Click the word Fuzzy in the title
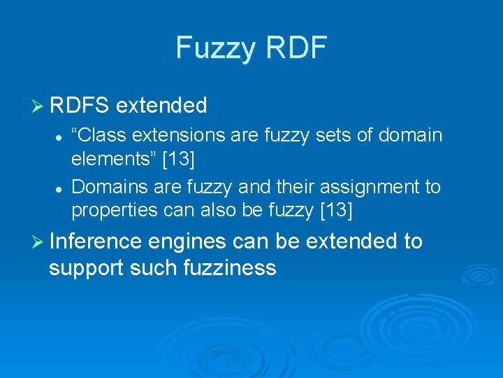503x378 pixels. [215, 48]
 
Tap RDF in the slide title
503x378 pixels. [295, 48]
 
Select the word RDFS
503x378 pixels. [79, 106]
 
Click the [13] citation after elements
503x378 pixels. [178, 159]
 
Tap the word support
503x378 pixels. [85, 267]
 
